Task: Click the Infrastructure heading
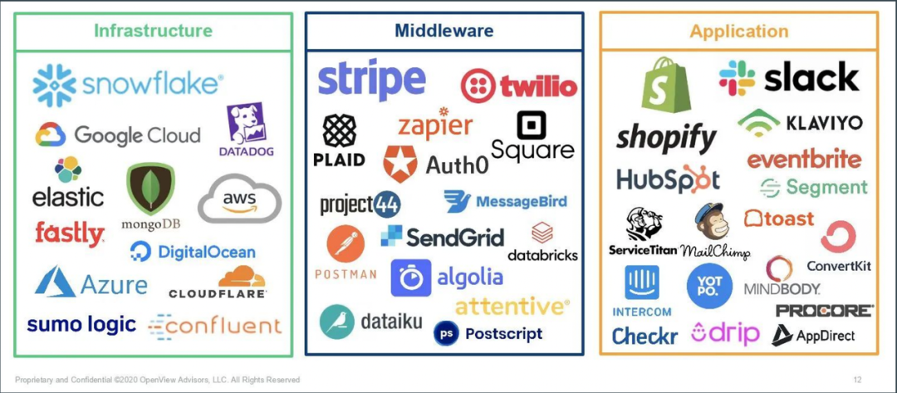(x=153, y=30)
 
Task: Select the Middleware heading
(x=444, y=30)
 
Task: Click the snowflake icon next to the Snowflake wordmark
(x=54, y=86)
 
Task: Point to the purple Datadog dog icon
(x=246, y=122)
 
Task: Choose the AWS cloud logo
(x=240, y=198)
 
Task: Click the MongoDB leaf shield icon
(x=149, y=189)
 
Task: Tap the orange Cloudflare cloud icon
(x=242, y=277)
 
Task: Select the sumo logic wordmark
(x=81, y=324)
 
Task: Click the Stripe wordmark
(x=372, y=80)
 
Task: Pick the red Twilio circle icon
(x=478, y=86)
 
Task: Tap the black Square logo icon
(x=532, y=125)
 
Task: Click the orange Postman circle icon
(x=346, y=244)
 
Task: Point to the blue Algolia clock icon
(x=411, y=278)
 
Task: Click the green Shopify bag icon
(x=665, y=85)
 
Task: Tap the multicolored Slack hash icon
(x=737, y=78)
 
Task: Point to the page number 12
(x=857, y=380)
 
